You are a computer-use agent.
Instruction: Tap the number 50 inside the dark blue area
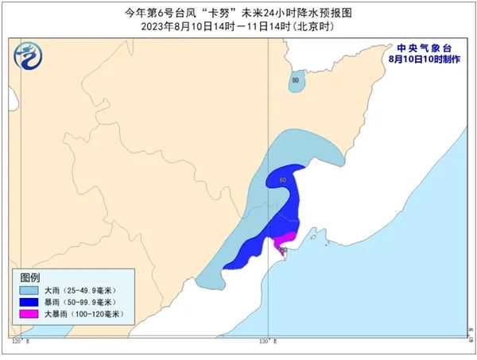tap(283, 181)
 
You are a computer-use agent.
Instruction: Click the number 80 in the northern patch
tap(296, 80)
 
